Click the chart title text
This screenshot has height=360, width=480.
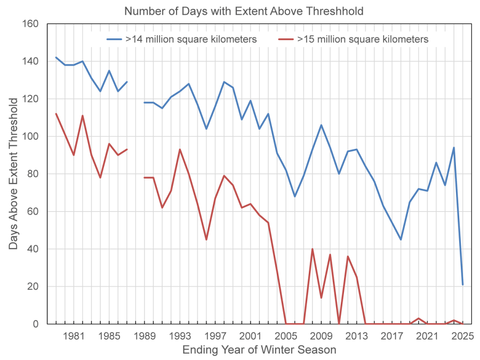(244, 11)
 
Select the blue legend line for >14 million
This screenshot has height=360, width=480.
(114, 39)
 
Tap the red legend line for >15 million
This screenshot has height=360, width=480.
(286, 39)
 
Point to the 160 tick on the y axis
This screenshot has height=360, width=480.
(30, 23)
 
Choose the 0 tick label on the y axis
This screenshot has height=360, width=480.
(36, 324)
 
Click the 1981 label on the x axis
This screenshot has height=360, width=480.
(74, 336)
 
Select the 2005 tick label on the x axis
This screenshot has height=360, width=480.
(286, 336)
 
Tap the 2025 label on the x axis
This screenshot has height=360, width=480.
(462, 336)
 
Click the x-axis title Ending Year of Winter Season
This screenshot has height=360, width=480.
(259, 349)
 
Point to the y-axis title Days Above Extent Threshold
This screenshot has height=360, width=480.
(13, 174)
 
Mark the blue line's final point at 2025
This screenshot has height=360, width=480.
(462, 285)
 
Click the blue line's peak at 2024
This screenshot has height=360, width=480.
(454, 148)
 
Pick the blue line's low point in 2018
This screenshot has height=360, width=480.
(401, 239)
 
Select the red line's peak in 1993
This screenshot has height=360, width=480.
(180, 149)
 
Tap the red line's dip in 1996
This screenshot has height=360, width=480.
(206, 239)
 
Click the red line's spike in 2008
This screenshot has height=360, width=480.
(312, 249)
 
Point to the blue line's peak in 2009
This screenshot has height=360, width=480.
(321, 125)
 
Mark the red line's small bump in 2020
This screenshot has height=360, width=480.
(419, 318)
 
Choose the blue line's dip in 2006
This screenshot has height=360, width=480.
(294, 196)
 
